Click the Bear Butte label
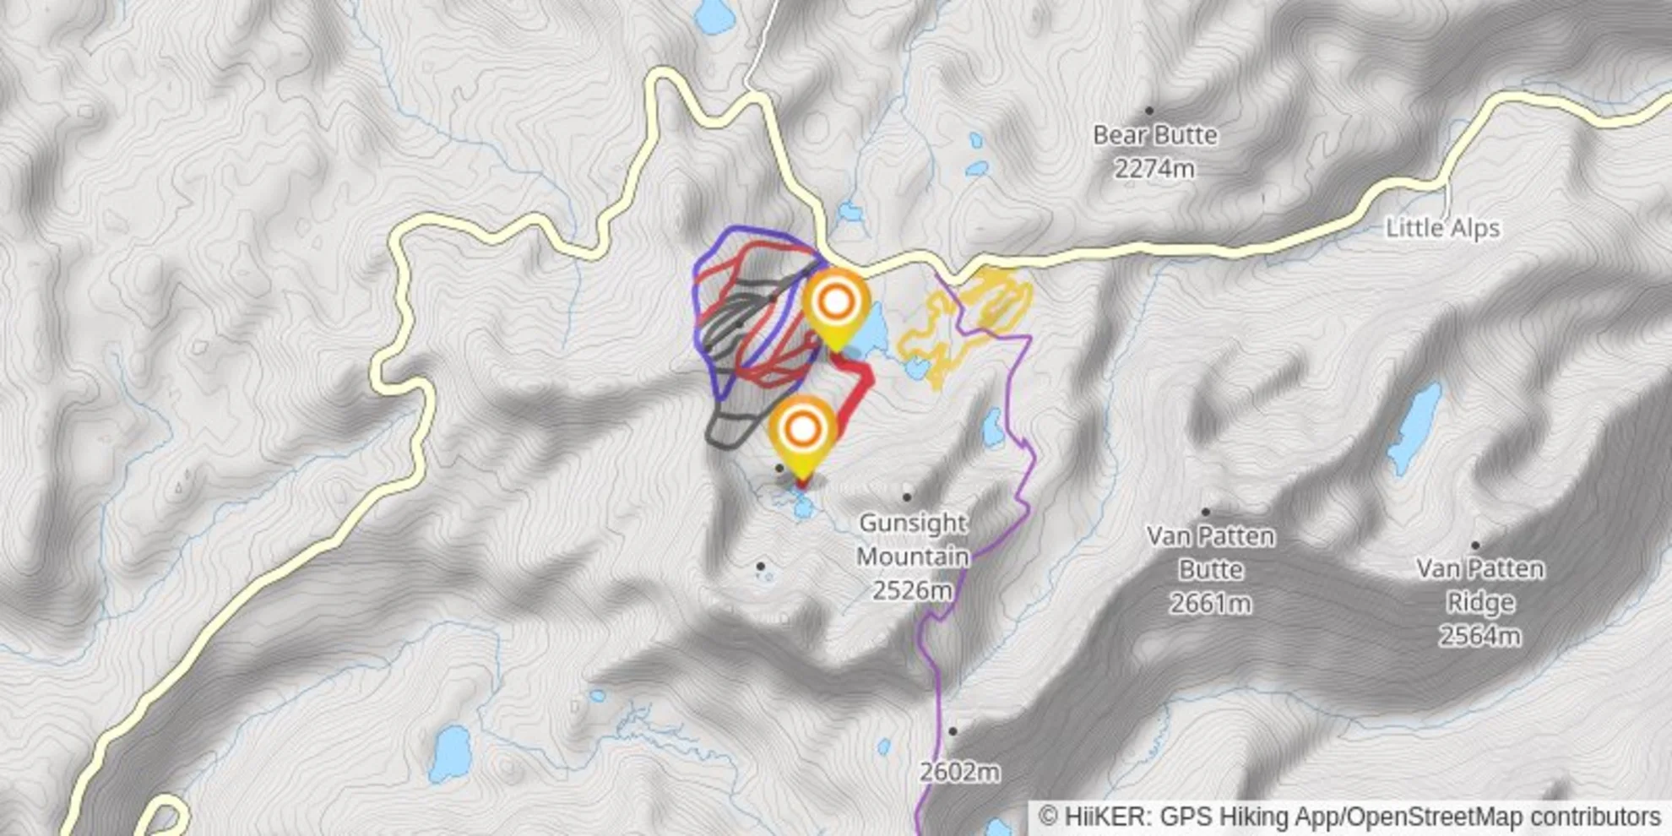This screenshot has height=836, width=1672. pos(1154,135)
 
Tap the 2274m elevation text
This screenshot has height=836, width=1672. pos(1154,170)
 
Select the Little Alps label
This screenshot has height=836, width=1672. pos(1442,228)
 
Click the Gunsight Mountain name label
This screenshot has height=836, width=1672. pos(912,540)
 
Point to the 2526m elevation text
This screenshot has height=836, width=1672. pos(912,590)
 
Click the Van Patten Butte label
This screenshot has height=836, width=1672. pos(1210,552)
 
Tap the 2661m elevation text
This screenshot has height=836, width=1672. pos(1210,604)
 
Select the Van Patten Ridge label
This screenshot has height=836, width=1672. pos(1479,585)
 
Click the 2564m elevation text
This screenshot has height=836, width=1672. pos(1479,636)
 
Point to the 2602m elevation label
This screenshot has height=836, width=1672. pos(959,772)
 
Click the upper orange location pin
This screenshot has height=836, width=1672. pos(836,302)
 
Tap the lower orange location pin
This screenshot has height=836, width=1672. pos(803,430)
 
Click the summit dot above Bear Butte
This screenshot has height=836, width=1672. pos(1149,111)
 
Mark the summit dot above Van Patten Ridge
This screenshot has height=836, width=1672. pos(1475,546)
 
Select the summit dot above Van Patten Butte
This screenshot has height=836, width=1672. pos(1206,512)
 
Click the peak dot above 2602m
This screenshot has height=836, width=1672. pos(953,731)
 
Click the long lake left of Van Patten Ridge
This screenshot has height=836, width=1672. pos(1414,428)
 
